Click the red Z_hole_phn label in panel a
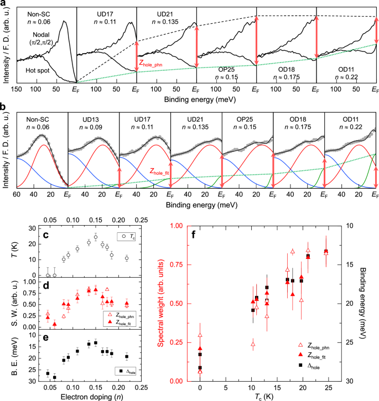pos(160,63)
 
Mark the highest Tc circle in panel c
pos(95,237)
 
